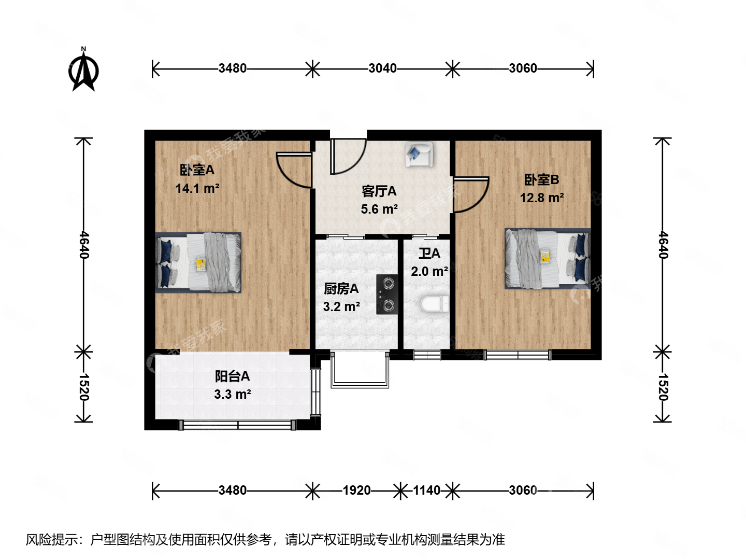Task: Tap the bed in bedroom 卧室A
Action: coord(198,262)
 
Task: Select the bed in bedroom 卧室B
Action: coord(548,258)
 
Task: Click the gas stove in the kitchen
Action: coord(387,295)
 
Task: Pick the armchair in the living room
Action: coord(419,154)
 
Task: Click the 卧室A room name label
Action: coord(197,170)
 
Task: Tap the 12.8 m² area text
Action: coord(542,198)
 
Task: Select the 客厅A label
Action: coord(379,191)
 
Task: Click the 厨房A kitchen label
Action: coord(341,289)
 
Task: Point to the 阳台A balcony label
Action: coord(232,376)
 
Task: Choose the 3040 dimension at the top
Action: coord(382,68)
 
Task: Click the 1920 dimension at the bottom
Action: coord(356,491)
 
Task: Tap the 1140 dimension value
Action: coord(426,491)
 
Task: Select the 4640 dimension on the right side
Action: coord(663,245)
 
